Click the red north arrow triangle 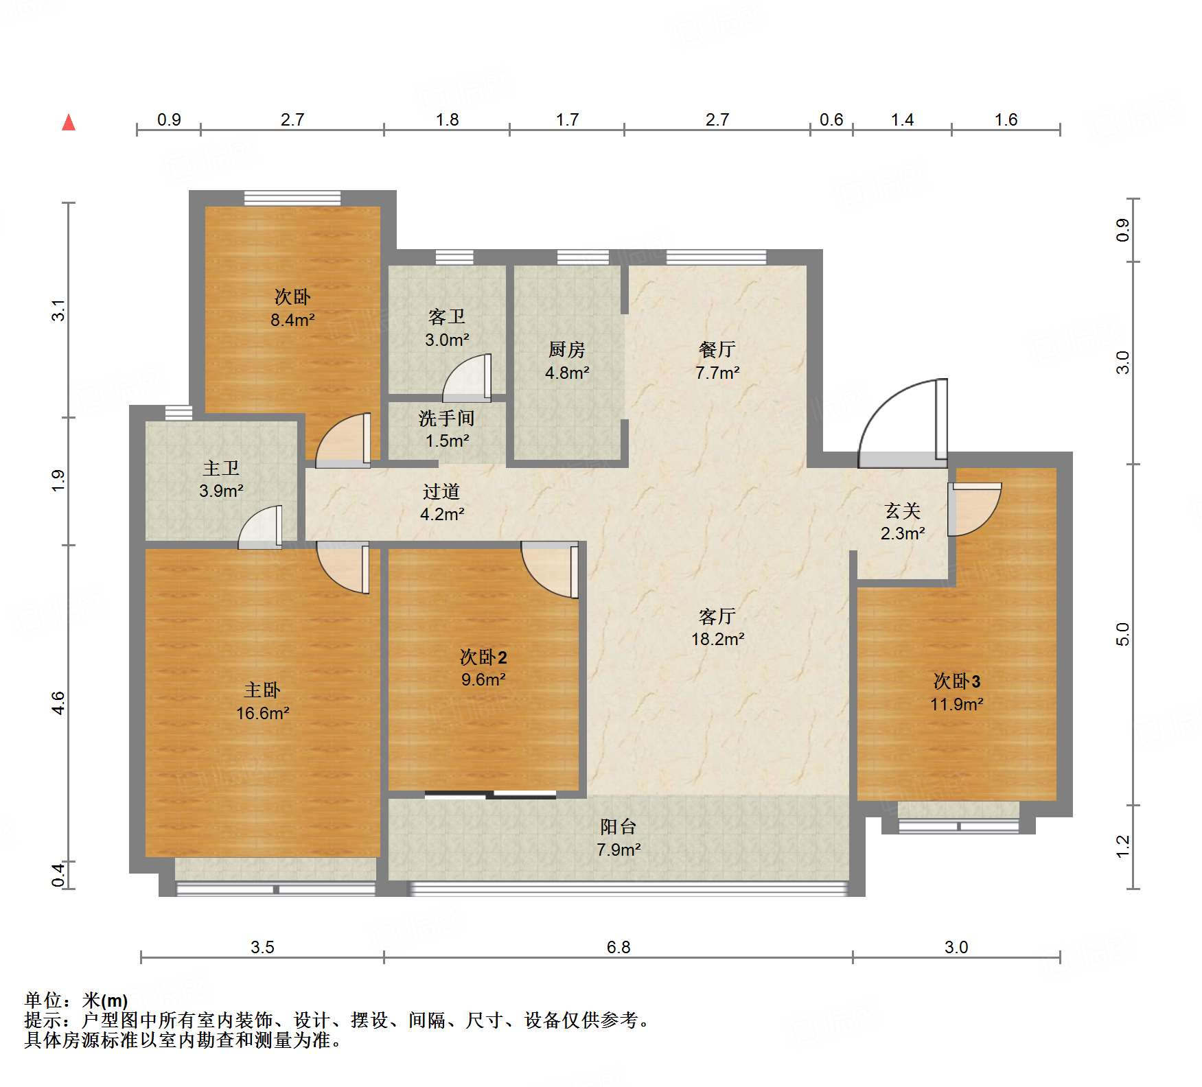69,123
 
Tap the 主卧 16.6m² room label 262,701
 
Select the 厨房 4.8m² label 567,361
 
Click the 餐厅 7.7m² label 717,361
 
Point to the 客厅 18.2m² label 717,627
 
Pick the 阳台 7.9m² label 618,838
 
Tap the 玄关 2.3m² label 902,522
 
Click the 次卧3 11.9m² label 956,692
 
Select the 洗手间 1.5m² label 447,429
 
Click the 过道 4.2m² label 441,502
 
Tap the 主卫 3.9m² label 221,479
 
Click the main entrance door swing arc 892,412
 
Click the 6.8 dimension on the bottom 618,947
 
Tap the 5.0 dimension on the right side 1122,634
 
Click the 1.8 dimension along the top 447,119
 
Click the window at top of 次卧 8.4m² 292,198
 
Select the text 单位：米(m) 76,1001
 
